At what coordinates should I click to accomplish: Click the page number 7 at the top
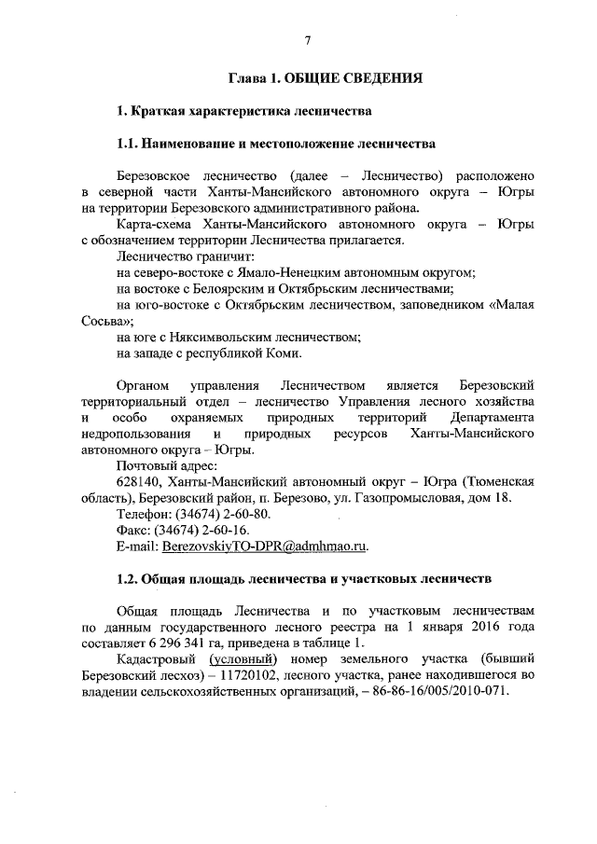pyautogui.click(x=307, y=40)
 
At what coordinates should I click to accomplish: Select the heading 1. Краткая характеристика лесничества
pyautogui.click(x=243, y=112)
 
